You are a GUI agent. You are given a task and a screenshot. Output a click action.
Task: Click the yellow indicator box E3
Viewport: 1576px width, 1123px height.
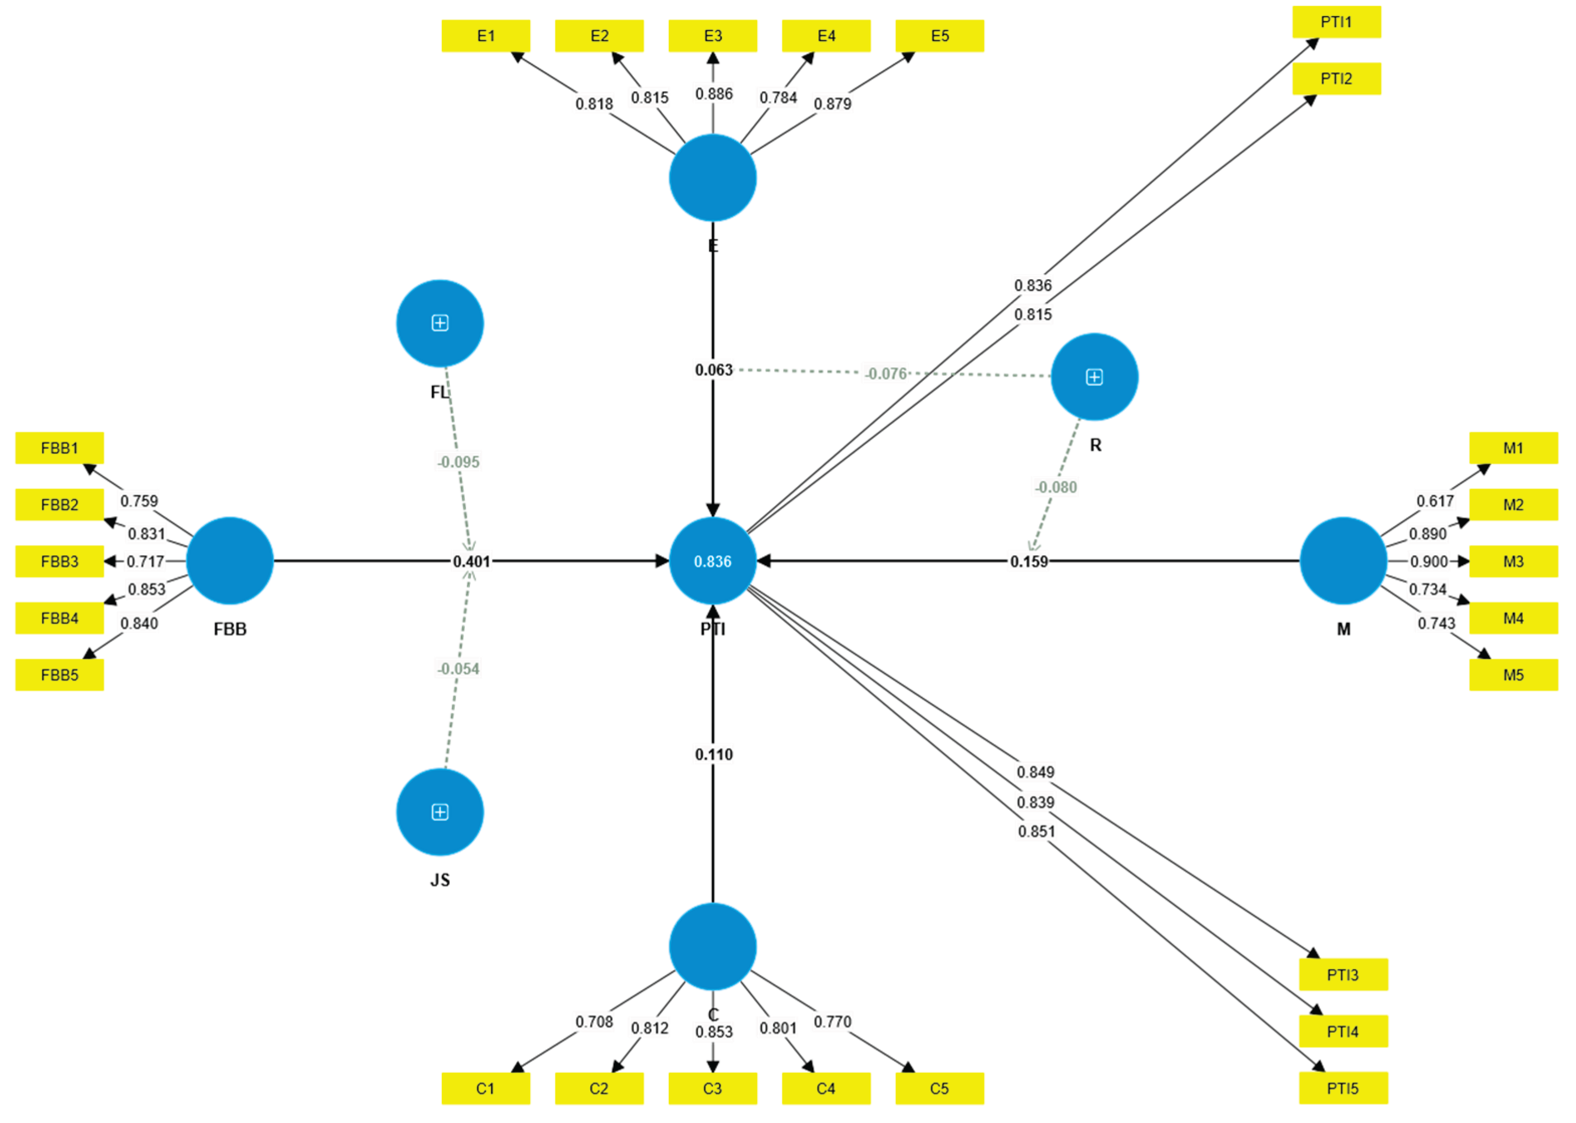point(712,36)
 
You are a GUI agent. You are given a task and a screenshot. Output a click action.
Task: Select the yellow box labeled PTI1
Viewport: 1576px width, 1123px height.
point(1336,22)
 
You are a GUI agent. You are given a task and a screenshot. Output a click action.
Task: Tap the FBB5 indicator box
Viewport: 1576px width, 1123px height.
point(59,675)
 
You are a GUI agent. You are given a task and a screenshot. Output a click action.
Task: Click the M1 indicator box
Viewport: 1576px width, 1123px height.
point(1513,448)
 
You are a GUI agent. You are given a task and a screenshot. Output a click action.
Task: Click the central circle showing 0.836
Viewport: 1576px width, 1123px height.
point(712,561)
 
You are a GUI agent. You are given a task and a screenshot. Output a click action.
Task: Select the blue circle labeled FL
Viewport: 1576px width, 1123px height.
point(440,323)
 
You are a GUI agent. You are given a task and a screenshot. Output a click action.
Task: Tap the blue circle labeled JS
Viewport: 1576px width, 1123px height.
point(440,812)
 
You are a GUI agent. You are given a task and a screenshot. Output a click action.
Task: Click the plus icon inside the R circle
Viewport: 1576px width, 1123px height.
point(1094,377)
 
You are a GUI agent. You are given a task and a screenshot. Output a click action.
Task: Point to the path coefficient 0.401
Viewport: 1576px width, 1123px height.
point(471,561)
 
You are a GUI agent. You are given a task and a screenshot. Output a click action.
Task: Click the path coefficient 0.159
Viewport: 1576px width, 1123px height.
point(1029,561)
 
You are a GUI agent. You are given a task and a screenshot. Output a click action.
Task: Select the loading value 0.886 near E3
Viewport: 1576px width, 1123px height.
point(713,94)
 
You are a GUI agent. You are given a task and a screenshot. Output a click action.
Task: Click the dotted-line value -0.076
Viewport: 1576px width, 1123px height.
point(886,374)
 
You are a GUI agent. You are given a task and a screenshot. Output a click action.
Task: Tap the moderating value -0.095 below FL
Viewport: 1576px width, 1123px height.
point(458,462)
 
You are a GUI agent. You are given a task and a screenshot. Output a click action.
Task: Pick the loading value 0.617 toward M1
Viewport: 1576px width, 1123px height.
point(1435,501)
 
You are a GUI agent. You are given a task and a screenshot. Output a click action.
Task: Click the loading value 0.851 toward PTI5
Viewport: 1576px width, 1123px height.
point(1036,831)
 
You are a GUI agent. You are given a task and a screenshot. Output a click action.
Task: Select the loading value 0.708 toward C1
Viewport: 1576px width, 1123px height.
point(594,1022)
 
